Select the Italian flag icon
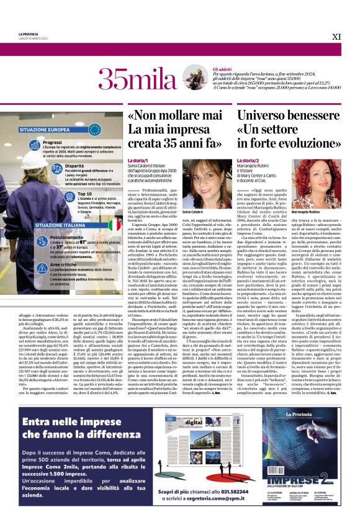pyautogui.click(x=114, y=224)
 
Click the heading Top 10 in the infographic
pyautogui.click(x=86, y=194)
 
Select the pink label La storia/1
pyautogui.click(x=138, y=161)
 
